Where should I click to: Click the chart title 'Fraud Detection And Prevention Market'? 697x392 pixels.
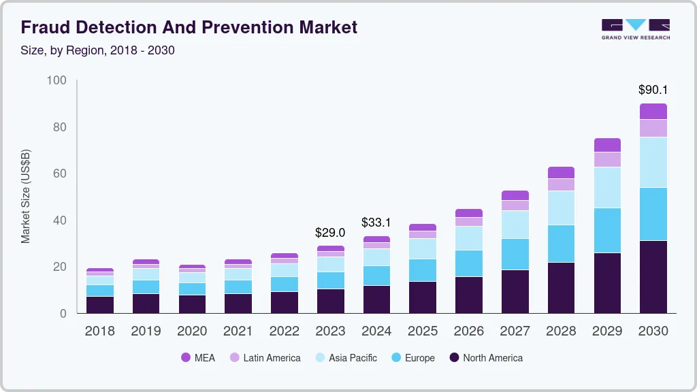click(x=189, y=27)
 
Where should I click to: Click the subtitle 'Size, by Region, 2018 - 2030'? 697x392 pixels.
click(x=97, y=51)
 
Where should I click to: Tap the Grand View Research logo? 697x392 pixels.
click(x=636, y=29)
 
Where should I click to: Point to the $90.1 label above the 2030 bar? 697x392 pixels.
click(x=653, y=90)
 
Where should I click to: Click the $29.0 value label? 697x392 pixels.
click(x=330, y=233)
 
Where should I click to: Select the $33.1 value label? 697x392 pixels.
click(x=376, y=223)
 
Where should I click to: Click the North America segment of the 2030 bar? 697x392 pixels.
click(x=653, y=276)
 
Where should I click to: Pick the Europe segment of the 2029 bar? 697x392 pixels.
click(x=607, y=230)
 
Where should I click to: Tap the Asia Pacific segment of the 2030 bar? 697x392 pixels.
click(x=653, y=162)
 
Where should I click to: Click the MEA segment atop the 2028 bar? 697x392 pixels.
click(x=561, y=172)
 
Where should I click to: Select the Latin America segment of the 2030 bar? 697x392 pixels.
click(x=653, y=128)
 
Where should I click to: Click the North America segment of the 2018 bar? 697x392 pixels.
click(x=100, y=304)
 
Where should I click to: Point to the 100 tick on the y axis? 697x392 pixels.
click(x=56, y=81)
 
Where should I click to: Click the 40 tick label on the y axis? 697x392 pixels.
click(x=59, y=220)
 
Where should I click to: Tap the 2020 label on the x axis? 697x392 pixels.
click(x=192, y=331)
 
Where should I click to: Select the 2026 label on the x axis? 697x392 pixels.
click(x=468, y=331)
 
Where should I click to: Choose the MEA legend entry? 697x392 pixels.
click(x=198, y=358)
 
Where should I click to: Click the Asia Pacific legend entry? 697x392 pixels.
click(x=345, y=358)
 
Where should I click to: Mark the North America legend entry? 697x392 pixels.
click(x=486, y=358)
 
